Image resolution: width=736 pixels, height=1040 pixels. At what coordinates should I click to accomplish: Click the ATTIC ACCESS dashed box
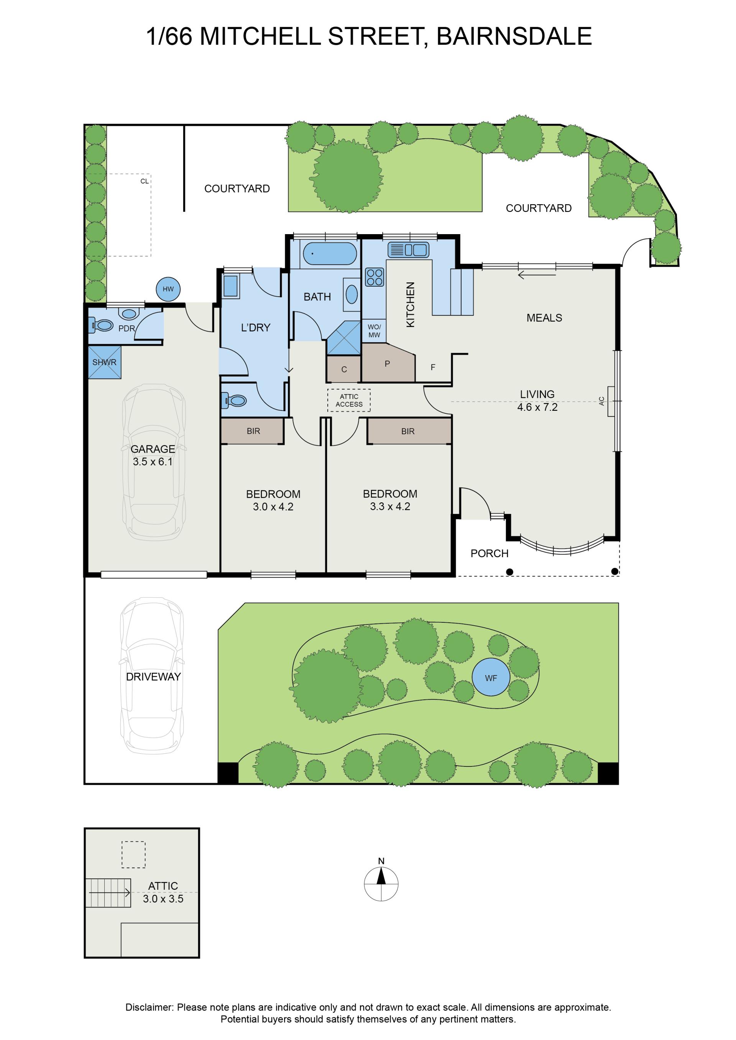pyautogui.click(x=349, y=400)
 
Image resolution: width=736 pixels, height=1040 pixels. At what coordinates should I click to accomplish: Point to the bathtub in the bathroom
pyautogui.click(x=330, y=254)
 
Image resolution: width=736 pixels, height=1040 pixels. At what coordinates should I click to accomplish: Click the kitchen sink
pyautogui.click(x=408, y=250)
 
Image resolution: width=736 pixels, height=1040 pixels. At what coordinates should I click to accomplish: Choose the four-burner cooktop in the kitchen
pyautogui.click(x=375, y=277)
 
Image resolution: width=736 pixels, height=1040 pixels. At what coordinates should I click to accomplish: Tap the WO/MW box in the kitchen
pyautogui.click(x=374, y=331)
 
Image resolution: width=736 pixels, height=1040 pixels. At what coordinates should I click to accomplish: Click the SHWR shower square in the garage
pyautogui.click(x=104, y=363)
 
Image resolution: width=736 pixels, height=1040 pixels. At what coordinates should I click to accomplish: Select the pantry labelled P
pyautogui.click(x=388, y=363)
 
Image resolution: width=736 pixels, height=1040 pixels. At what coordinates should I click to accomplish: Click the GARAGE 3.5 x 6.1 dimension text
pyautogui.click(x=153, y=455)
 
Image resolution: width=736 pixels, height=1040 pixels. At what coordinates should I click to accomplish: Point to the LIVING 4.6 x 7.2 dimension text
pyautogui.click(x=537, y=400)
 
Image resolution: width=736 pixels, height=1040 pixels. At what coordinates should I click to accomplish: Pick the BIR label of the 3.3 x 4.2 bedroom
pyautogui.click(x=408, y=431)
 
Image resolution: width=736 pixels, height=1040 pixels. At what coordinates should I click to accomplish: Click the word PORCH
pyautogui.click(x=490, y=553)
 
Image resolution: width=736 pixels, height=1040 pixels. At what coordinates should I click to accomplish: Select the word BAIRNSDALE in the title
pyautogui.click(x=514, y=36)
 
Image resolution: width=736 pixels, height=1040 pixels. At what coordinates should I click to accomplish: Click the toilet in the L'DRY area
pyautogui.click(x=234, y=400)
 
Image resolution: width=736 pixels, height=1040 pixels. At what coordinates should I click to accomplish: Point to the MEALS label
pyautogui.click(x=544, y=318)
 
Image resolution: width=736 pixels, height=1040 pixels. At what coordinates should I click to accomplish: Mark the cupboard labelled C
pyautogui.click(x=344, y=369)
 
